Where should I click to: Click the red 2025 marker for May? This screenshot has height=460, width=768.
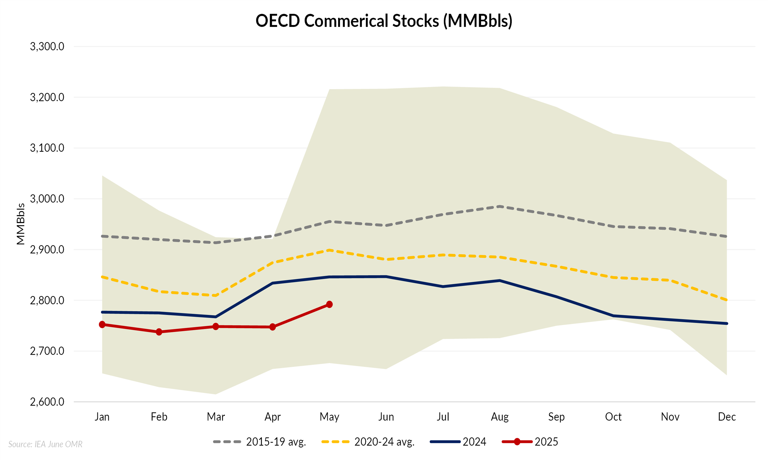(x=329, y=304)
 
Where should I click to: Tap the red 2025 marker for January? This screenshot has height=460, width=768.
(x=102, y=325)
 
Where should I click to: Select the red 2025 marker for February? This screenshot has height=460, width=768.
(x=159, y=332)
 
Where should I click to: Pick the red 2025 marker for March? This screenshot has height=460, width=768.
(x=216, y=326)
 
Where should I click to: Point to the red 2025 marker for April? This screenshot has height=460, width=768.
(x=273, y=327)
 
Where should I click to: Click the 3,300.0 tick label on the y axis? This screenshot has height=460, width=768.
(x=47, y=47)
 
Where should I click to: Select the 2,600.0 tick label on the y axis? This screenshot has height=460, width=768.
(x=47, y=402)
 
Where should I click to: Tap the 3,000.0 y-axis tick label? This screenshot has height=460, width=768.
(x=47, y=199)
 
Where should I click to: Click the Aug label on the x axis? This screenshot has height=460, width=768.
(x=500, y=417)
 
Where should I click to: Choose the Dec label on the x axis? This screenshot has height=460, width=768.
(x=727, y=417)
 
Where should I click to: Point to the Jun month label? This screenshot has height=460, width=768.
(x=386, y=417)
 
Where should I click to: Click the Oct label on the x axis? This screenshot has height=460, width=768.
(x=613, y=417)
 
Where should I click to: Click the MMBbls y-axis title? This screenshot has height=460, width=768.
(x=20, y=224)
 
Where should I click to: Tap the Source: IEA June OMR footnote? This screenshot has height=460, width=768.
(x=45, y=444)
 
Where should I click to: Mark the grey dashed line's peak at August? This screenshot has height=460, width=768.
(x=500, y=206)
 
